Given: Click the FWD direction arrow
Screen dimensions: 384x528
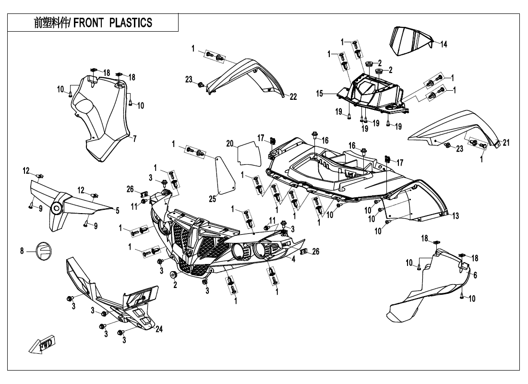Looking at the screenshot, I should pyautogui.click(x=42, y=345).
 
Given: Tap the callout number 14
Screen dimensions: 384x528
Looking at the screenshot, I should pyautogui.click(x=444, y=45).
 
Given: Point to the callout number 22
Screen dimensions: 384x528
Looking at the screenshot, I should pyautogui.click(x=293, y=97).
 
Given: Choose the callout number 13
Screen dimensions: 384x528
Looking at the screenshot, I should pyautogui.click(x=455, y=216).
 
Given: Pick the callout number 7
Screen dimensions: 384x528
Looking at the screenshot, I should pyautogui.click(x=134, y=139).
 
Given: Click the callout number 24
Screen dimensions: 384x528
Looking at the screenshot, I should pyautogui.click(x=159, y=329).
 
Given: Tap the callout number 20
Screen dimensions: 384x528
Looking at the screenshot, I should pyautogui.click(x=229, y=143).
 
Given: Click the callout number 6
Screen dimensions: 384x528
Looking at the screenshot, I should pyautogui.click(x=475, y=276).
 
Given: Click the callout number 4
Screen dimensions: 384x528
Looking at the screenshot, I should pyautogui.click(x=292, y=260).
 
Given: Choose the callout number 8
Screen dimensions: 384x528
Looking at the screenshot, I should pyautogui.click(x=22, y=251).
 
